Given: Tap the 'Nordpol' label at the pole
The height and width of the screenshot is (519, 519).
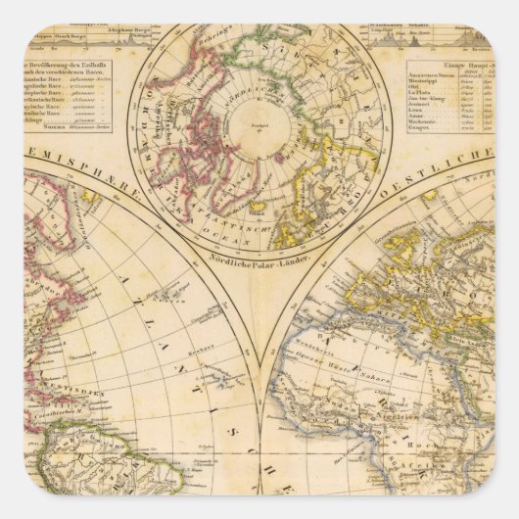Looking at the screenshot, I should [259, 126].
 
